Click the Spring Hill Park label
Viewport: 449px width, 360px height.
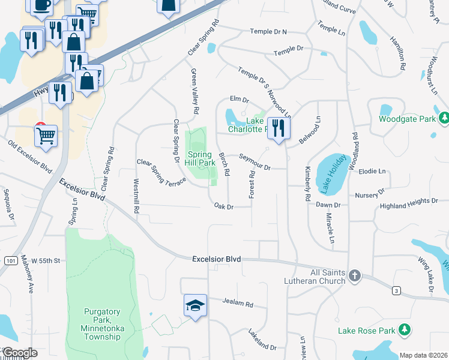point(199,158)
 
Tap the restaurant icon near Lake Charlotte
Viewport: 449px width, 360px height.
point(279,128)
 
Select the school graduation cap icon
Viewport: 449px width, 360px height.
point(194,306)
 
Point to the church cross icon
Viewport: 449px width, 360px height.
point(355,275)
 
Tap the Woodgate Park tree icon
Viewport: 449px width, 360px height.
point(444,119)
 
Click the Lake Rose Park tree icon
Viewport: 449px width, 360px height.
point(405,329)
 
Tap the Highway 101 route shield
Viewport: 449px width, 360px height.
point(10,261)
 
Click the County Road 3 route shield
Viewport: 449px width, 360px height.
point(396,291)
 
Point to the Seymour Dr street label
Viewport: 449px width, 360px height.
point(255,164)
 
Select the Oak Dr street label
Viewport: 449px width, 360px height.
point(223,206)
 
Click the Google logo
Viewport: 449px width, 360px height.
point(19,353)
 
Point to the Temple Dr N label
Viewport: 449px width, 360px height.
point(268,31)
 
